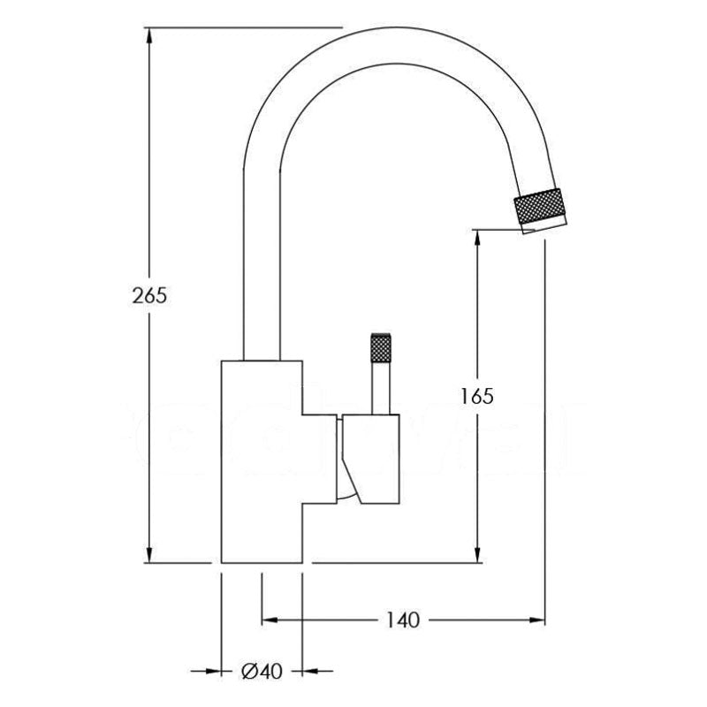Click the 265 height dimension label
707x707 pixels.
(x=149, y=295)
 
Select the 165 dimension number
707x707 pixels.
(x=477, y=396)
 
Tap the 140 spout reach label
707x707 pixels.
(x=403, y=620)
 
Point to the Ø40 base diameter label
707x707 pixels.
(x=262, y=672)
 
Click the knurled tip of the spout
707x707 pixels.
(x=538, y=206)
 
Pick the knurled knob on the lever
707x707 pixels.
(x=381, y=347)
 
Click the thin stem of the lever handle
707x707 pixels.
(x=381, y=388)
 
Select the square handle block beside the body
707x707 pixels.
(x=370, y=459)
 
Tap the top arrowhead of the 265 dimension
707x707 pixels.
(x=148, y=35)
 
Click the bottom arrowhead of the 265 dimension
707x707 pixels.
(x=148, y=555)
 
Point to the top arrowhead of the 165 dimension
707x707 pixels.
(x=477, y=238)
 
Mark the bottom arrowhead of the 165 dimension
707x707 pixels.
(x=477, y=555)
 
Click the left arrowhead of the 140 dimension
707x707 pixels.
(x=270, y=620)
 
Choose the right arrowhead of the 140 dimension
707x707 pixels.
(x=537, y=620)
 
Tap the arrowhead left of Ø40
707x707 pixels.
(x=213, y=672)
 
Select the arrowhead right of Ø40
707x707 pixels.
(x=310, y=672)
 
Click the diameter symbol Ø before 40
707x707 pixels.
(x=250, y=672)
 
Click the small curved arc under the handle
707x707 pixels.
(x=347, y=495)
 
